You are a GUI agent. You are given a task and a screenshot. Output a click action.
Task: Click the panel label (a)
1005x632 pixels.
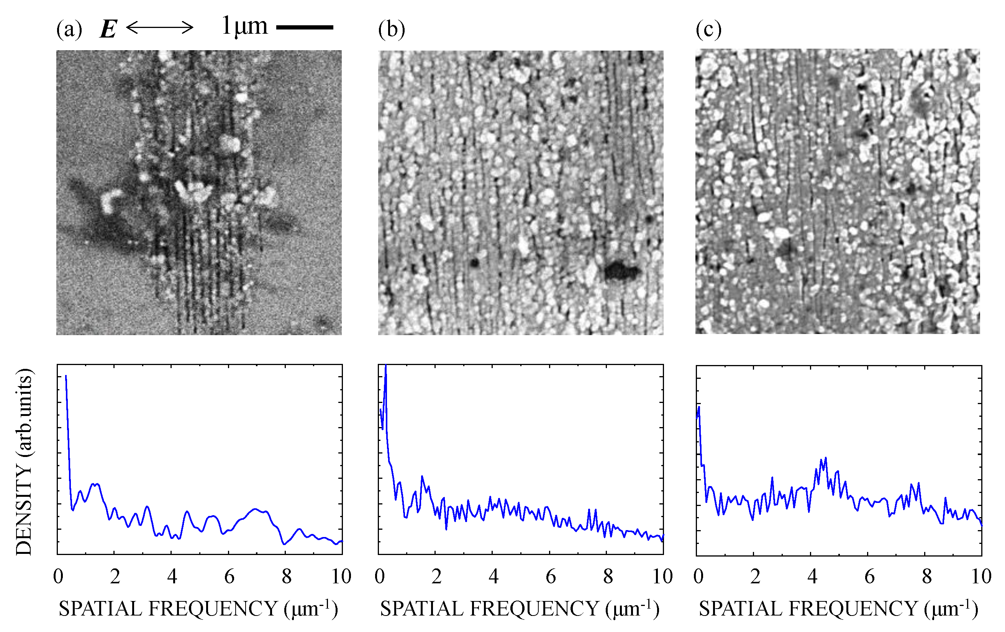pyautogui.click(x=69, y=29)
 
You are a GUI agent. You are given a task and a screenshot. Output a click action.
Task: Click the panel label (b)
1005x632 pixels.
pyautogui.click(x=391, y=29)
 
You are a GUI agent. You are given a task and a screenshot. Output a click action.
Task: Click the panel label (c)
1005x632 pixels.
pyautogui.click(x=708, y=29)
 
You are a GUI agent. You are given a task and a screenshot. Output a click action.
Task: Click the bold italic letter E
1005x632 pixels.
pyautogui.click(x=108, y=29)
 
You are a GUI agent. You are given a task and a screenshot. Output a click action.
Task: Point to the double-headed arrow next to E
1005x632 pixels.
pyautogui.click(x=159, y=28)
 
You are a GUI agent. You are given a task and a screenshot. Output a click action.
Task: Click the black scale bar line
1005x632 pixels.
pyautogui.click(x=305, y=28)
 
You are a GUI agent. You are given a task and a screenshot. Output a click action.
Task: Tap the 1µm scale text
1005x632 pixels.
pyautogui.click(x=244, y=26)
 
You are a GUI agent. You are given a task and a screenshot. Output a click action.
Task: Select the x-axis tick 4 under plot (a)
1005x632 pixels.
pyautogui.click(x=172, y=576)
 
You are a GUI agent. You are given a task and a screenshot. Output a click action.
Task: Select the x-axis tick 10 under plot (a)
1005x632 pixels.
pyautogui.click(x=341, y=576)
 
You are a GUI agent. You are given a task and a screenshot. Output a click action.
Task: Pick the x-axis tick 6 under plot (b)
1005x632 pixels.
pyautogui.click(x=551, y=576)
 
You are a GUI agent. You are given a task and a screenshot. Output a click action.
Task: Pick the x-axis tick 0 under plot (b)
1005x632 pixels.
pyautogui.click(x=379, y=576)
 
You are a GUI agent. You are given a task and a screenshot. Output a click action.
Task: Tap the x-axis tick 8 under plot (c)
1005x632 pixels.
pyautogui.click(x=926, y=576)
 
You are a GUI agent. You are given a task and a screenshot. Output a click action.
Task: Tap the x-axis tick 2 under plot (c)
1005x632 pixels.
pyautogui.click(x=755, y=576)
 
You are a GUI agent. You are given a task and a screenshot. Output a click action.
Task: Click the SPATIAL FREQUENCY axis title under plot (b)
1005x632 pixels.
pyautogui.click(x=520, y=609)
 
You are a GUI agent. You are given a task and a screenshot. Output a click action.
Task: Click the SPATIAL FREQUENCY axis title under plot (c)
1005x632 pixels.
pyautogui.click(x=838, y=609)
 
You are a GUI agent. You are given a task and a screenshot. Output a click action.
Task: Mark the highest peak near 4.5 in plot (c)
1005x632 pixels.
pyautogui.click(x=826, y=458)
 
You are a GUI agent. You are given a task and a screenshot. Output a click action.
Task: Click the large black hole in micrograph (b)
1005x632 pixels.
pyautogui.click(x=621, y=271)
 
